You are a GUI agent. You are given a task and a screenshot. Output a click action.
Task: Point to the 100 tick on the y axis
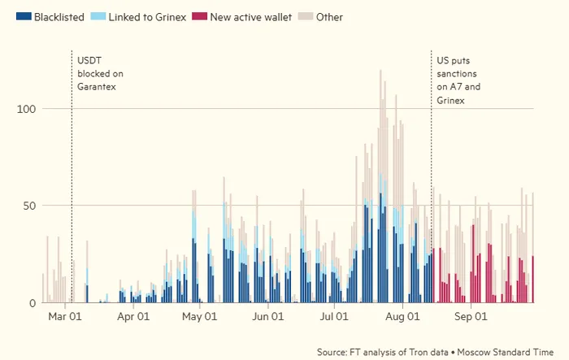coord(27,108)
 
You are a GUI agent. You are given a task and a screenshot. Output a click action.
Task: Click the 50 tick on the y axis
coord(29,206)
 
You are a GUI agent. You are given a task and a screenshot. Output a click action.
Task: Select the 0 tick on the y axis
coord(33,302)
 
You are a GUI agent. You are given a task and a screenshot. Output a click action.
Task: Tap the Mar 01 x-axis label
coord(65,317)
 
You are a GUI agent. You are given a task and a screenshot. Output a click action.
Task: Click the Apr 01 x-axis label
coord(133,317)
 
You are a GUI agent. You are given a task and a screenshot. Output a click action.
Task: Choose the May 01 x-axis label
coord(200,317)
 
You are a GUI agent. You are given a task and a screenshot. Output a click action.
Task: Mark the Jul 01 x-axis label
coord(335,317)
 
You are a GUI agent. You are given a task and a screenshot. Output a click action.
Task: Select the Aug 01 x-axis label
coord(403,317)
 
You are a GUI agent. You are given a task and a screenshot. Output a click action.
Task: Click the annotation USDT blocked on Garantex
coord(100,73)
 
